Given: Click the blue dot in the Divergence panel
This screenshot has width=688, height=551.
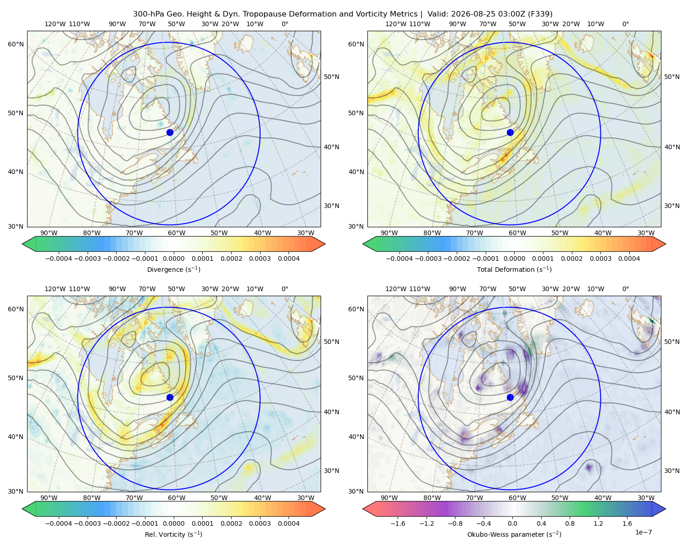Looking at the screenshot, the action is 170,132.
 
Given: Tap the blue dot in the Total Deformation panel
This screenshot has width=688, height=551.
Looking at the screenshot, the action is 510,132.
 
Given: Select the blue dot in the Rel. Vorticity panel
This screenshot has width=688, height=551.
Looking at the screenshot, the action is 170,397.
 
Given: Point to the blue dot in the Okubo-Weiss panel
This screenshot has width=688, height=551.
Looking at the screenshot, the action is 510,397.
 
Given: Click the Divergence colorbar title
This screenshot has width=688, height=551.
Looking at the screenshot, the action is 173,269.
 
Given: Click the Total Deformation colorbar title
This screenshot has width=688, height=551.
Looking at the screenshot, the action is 514,269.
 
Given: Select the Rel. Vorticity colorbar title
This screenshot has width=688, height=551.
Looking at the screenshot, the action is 173,534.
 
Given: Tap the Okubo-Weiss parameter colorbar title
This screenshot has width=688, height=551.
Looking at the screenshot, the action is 514,534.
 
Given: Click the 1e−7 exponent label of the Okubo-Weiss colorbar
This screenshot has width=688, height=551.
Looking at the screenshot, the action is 643,532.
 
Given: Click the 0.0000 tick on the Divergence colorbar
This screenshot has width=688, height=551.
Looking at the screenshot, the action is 173,259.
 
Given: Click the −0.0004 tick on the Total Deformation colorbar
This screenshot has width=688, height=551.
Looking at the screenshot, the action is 399,259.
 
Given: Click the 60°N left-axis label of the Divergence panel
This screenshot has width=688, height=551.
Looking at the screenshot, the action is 16,44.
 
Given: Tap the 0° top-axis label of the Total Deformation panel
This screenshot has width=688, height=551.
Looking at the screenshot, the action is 625,24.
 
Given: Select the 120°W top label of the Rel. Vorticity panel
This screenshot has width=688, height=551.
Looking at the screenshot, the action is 55,289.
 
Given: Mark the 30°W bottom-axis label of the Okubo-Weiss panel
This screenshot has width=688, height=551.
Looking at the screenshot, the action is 646,498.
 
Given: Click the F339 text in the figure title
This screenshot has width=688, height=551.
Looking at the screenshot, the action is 540,14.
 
